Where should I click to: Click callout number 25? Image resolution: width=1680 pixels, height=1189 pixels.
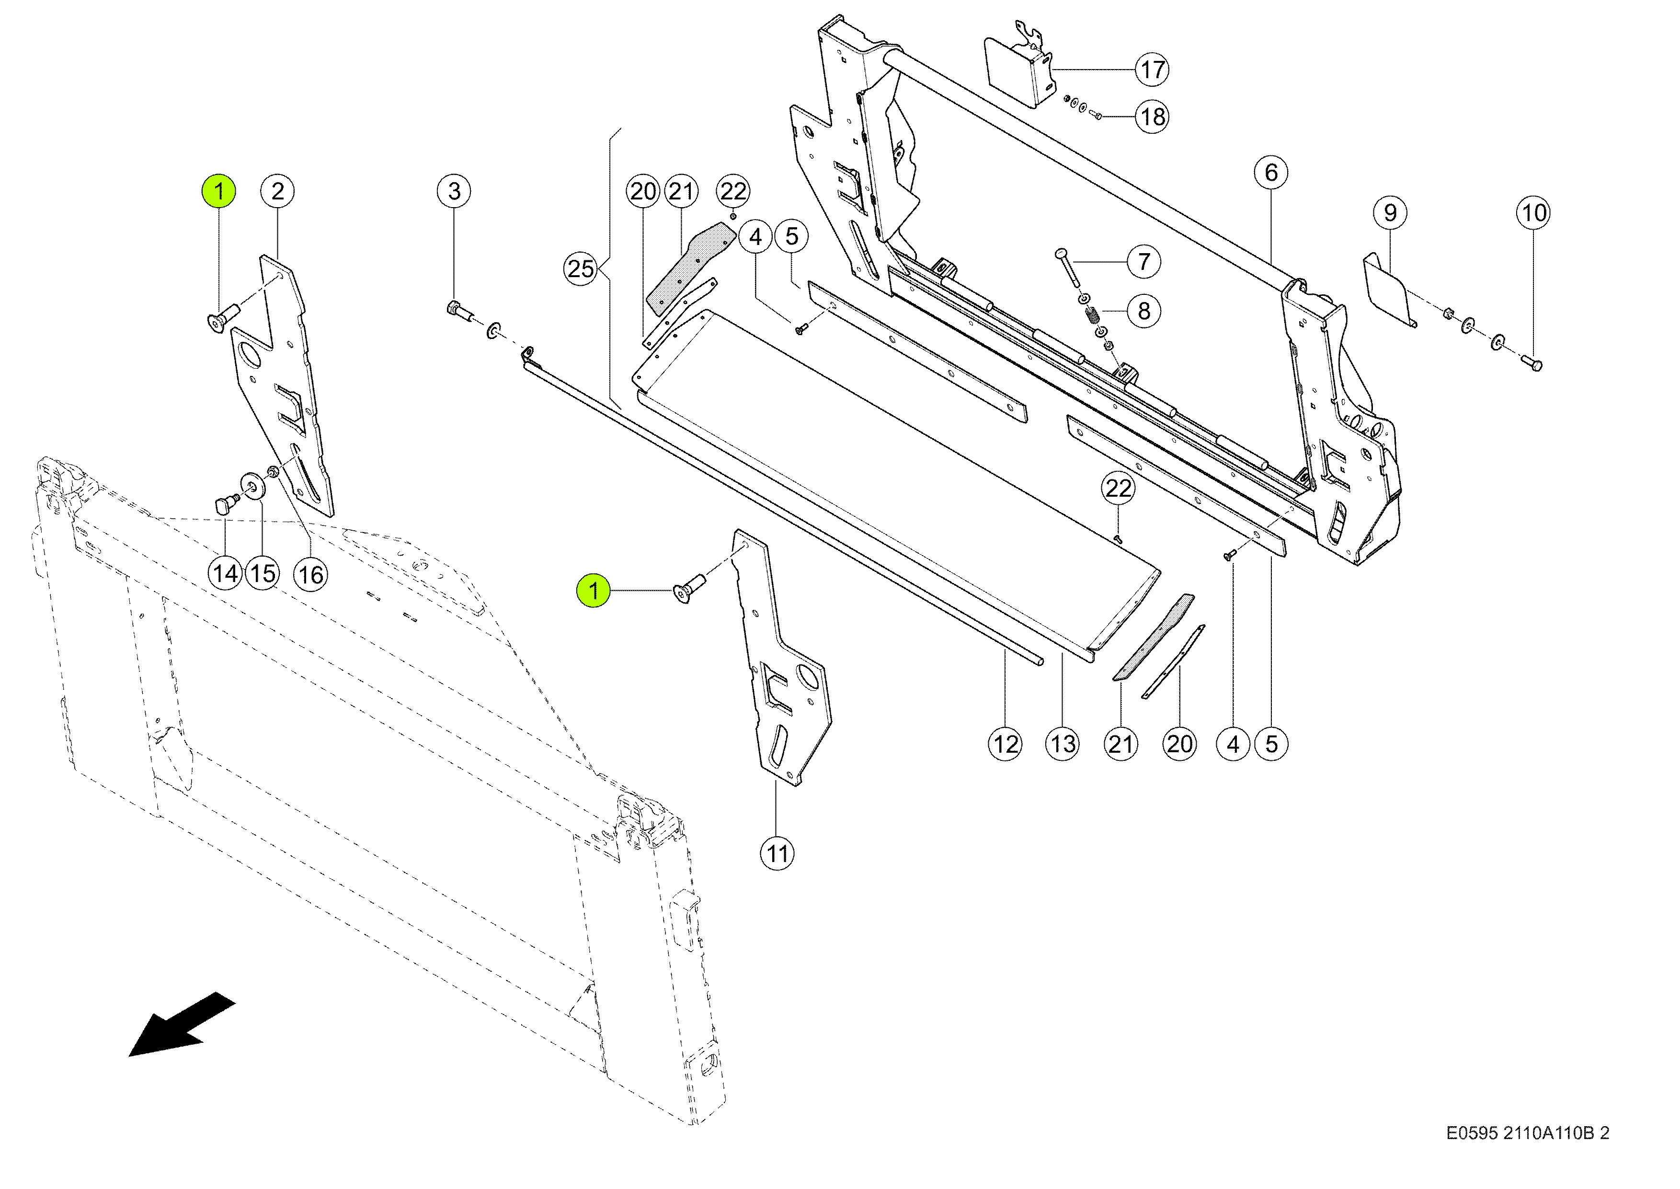pos(581,268)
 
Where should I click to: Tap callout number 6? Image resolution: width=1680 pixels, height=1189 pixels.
pos(1271,173)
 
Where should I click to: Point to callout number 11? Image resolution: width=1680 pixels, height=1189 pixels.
pos(777,854)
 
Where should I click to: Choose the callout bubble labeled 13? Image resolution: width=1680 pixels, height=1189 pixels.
pos(1063,745)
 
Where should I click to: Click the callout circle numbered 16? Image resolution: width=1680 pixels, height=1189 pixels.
pos(310,575)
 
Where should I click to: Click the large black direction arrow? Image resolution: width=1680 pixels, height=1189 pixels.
pos(182,1024)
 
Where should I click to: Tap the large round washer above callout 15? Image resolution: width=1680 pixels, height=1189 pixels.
pos(253,485)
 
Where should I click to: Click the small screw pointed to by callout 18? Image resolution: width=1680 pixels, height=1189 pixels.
pos(1096,115)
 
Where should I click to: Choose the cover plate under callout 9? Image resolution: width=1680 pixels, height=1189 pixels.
pos(1390,289)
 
